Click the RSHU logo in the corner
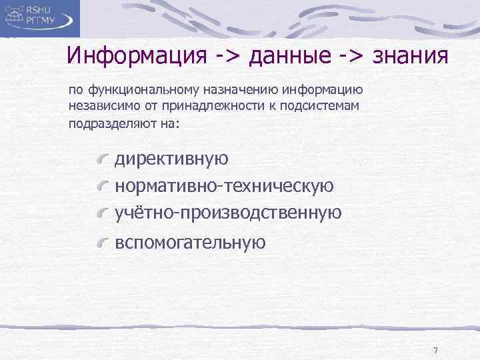pos(40,18)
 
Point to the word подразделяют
pos(104,123)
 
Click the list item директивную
pos(171,159)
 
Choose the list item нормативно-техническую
pos(225,185)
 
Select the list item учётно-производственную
pos(228,212)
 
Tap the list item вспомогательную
pos(190,243)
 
